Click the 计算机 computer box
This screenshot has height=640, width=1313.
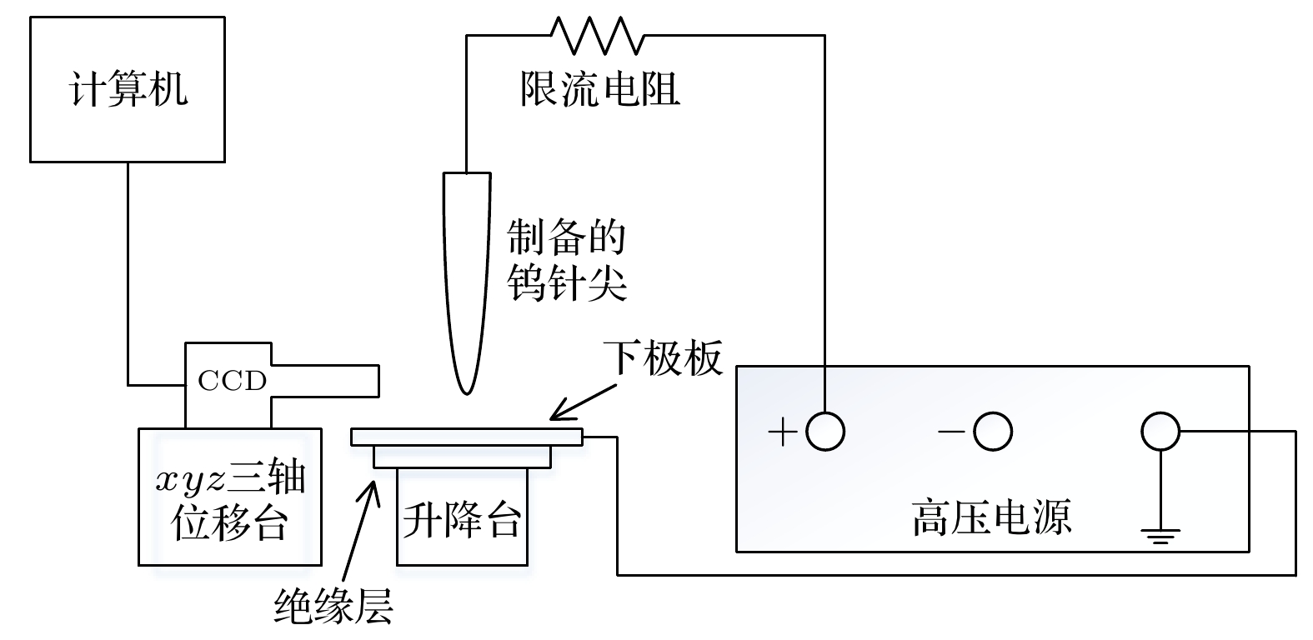click(127, 89)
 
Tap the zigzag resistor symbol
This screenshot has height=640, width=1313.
click(597, 35)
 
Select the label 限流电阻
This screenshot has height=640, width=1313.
click(599, 88)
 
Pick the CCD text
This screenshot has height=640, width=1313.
click(232, 381)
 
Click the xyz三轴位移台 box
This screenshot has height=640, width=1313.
click(229, 497)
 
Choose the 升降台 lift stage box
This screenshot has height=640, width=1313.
click(462, 517)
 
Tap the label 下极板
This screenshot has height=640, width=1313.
click(664, 359)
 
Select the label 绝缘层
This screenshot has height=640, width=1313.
click(333, 606)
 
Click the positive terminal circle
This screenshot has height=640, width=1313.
click(825, 432)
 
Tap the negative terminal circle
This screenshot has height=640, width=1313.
click(993, 432)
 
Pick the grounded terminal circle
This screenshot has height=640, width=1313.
click(1160, 432)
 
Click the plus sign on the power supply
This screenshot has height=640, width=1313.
click(783, 432)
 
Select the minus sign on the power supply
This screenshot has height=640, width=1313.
click(950, 432)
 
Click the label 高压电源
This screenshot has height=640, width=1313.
click(991, 517)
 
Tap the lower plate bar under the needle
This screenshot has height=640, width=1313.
click(466, 437)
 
